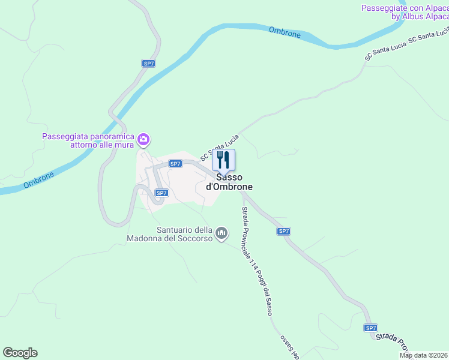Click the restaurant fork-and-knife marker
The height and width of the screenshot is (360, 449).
[224, 160]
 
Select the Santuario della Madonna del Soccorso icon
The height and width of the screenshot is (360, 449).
[221, 232]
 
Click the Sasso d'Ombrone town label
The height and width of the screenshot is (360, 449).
[229, 182]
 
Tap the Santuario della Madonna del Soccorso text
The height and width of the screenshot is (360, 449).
[170, 234]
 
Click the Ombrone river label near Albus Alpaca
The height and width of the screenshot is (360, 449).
[285, 32]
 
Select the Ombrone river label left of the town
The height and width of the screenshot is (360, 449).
[39, 181]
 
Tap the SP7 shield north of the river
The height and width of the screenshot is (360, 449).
[149, 63]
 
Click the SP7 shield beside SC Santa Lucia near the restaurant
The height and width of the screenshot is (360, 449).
[175, 163]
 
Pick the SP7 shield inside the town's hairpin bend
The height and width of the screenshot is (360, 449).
[161, 193]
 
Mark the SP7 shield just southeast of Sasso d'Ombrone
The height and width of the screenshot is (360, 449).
[284, 231]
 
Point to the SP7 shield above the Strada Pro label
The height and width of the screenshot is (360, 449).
[371, 328]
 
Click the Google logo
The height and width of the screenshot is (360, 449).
[20, 353]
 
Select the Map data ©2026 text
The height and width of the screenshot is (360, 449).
[424, 355]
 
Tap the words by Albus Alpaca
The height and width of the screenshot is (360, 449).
[420, 17]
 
